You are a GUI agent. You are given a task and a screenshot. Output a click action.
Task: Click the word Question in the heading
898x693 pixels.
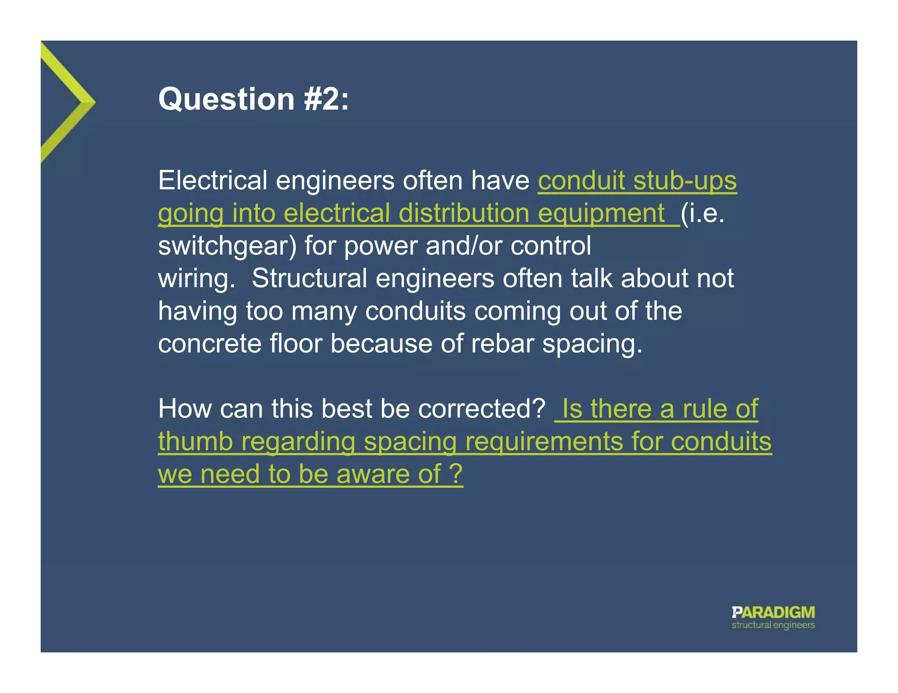tap(226, 99)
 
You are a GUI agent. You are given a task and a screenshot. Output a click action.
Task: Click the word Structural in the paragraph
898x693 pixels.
tap(309, 279)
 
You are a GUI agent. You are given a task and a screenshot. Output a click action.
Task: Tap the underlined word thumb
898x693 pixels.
tap(195, 441)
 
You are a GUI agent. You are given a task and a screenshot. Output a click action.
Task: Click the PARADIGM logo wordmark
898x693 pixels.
tap(773, 612)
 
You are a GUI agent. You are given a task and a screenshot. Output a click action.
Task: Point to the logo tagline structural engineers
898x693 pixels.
tap(773, 625)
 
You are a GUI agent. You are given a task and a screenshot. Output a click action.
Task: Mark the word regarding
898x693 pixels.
tap(298, 441)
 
